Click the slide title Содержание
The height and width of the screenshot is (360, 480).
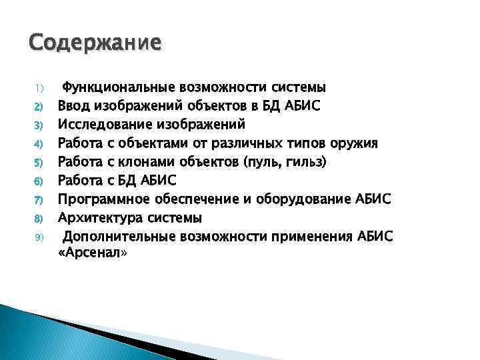click(x=95, y=43)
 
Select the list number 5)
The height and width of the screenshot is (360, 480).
click(x=39, y=162)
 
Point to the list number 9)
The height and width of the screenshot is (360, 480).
click(x=39, y=237)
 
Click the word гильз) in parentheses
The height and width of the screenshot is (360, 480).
click(x=287, y=161)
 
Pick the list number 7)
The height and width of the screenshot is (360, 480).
click(x=39, y=199)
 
